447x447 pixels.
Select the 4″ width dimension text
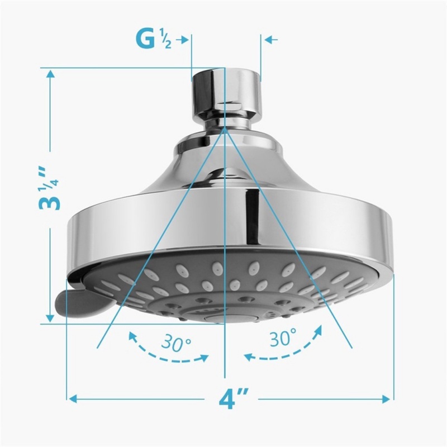click(x=230, y=400)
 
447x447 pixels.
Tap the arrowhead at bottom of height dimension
click(x=50, y=318)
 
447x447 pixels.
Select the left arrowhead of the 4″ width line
click(x=73, y=398)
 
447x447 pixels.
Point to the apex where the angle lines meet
click(x=225, y=127)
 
